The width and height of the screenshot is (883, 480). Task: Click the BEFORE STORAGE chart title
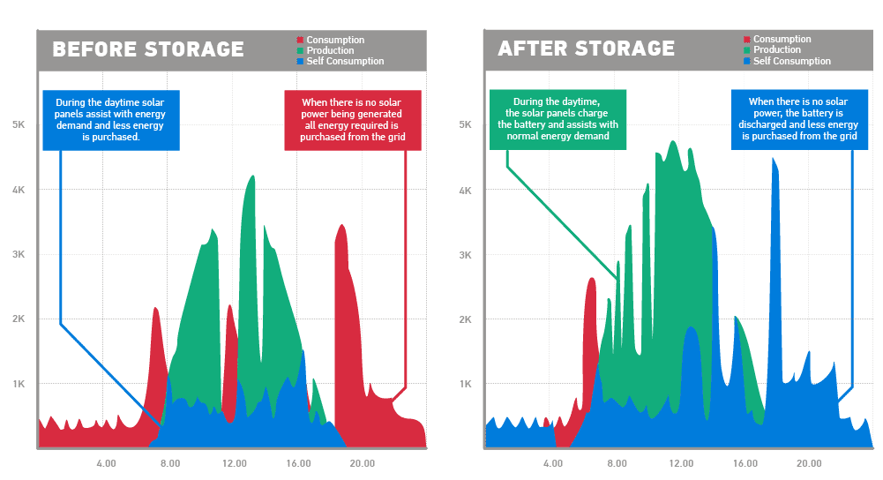click(148, 49)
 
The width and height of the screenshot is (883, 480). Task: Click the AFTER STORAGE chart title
click(587, 49)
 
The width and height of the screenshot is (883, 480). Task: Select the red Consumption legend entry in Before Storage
click(331, 40)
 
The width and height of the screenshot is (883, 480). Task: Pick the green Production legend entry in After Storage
click(772, 49)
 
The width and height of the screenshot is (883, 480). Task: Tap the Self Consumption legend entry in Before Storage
click(340, 61)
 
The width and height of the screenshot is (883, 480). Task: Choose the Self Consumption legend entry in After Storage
click(787, 61)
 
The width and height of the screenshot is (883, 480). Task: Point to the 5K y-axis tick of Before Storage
click(19, 124)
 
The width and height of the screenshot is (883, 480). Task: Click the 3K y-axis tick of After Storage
click(465, 255)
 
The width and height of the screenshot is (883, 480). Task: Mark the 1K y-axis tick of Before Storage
click(19, 384)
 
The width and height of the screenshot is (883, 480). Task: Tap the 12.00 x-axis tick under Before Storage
click(235, 463)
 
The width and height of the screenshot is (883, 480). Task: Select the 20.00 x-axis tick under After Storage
click(809, 463)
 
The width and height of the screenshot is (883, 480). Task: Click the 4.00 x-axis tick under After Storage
click(553, 463)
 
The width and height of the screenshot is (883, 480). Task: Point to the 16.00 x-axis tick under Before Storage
click(298, 463)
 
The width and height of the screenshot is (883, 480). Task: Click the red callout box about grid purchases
click(353, 120)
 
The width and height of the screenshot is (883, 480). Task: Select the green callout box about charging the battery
click(557, 119)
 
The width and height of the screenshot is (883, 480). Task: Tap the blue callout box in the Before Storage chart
click(111, 120)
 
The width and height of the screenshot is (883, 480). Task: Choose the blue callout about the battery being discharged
click(799, 119)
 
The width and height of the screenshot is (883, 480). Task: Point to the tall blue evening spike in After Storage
click(774, 281)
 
